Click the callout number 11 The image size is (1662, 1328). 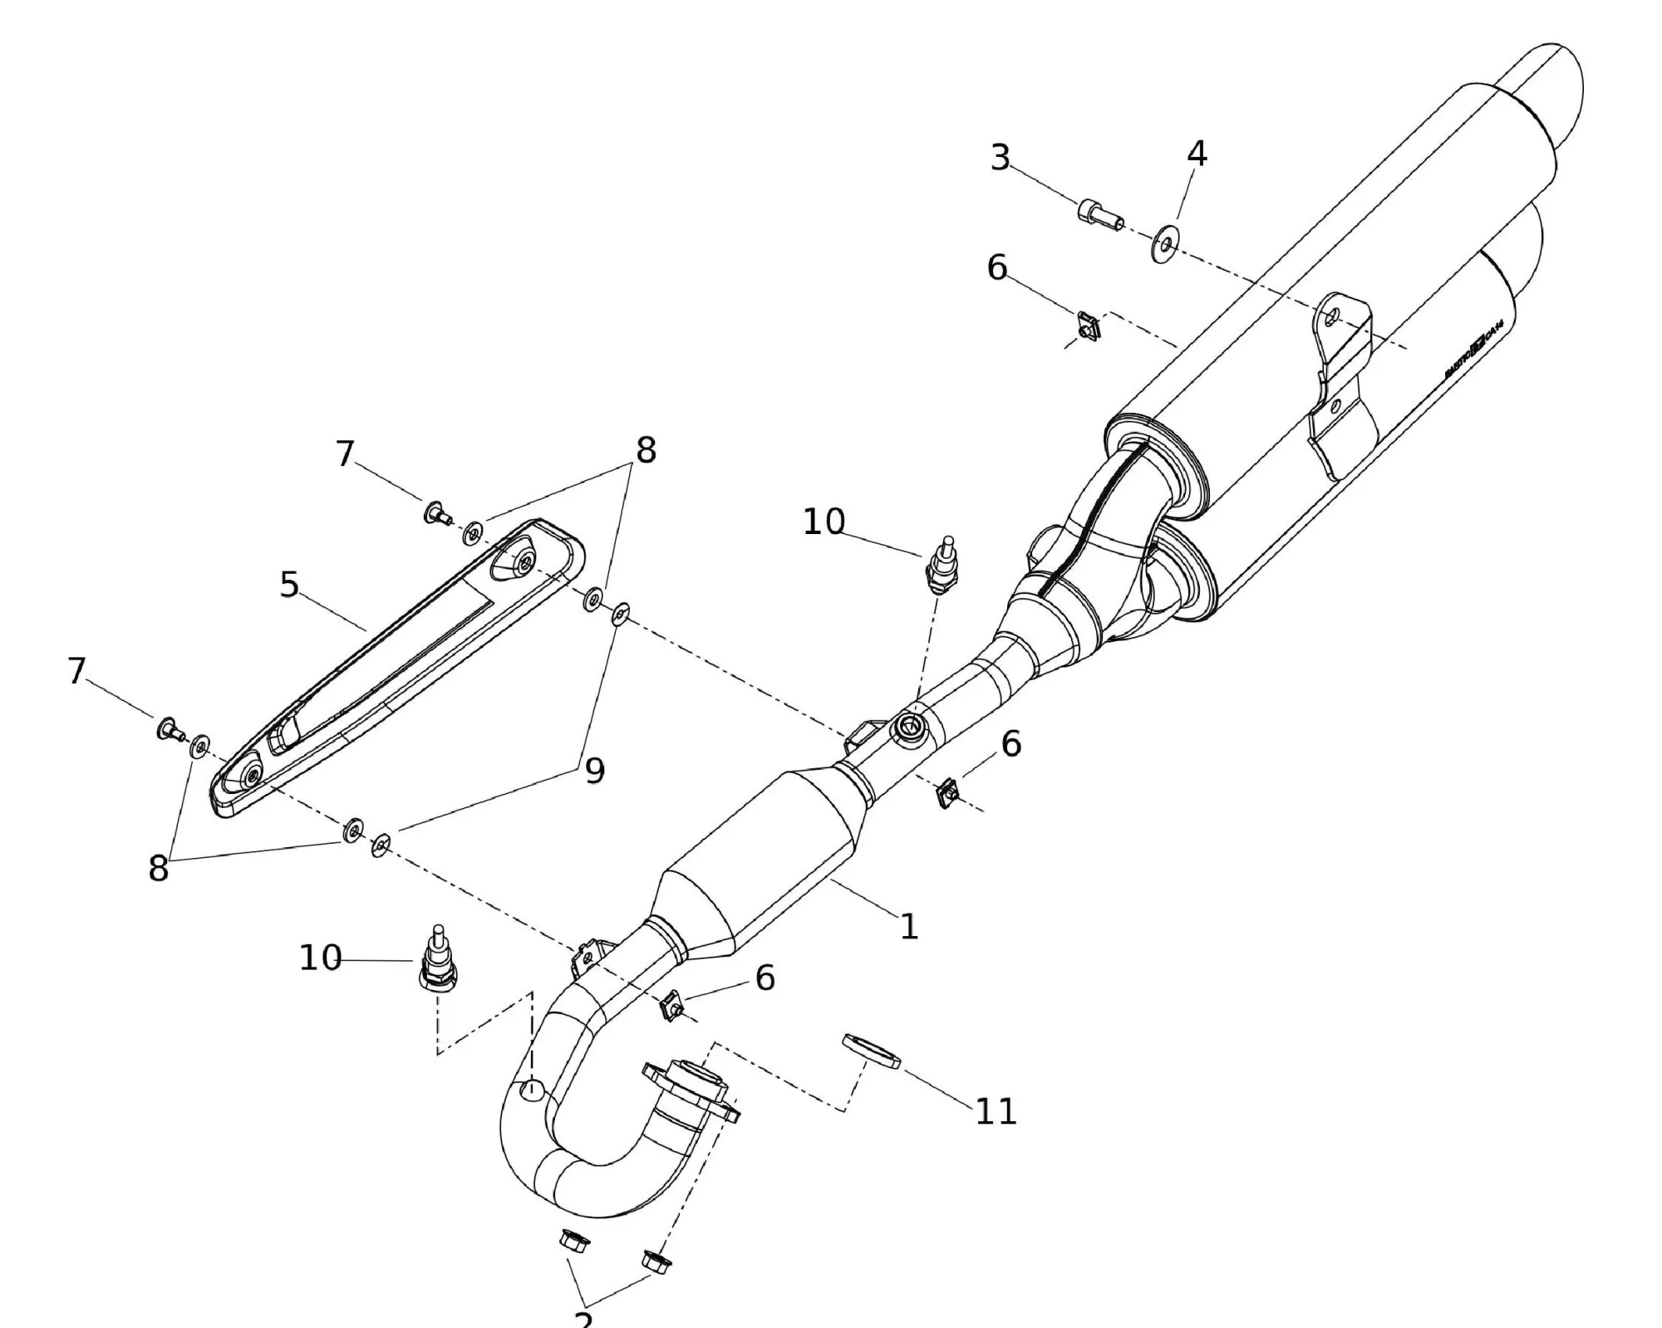point(996,1112)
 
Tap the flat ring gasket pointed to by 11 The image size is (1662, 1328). point(871,1051)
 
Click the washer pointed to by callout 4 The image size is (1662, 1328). point(1166,243)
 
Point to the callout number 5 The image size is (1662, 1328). point(288,585)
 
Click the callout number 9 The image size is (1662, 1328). point(594,772)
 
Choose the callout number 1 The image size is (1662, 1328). point(909,926)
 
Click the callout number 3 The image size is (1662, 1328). point(1001,157)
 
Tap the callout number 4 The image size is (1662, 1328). point(1197,153)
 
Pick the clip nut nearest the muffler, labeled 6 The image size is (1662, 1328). point(1088,326)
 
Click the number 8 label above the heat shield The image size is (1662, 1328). point(646,450)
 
